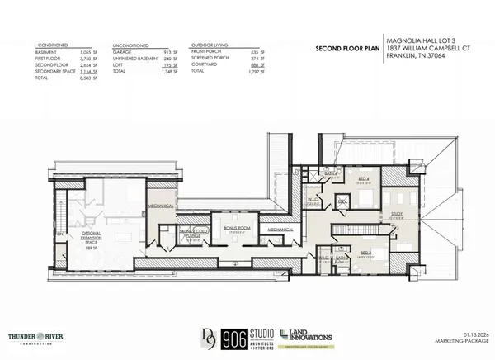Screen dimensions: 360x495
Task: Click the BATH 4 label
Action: pyautogui.click(x=332, y=173)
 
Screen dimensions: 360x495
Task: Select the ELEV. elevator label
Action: pyautogui.click(x=342, y=200)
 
